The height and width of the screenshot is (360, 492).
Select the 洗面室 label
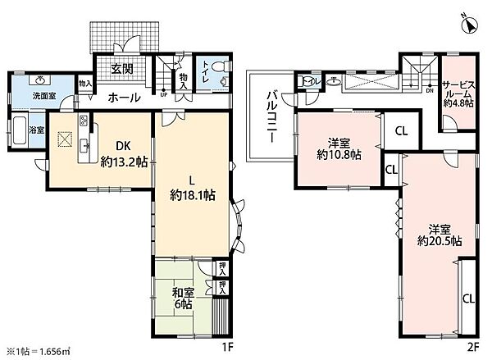tap(44, 96)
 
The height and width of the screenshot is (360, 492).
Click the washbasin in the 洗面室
tap(41, 81)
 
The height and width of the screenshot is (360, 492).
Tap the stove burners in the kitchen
tap(84, 123)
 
